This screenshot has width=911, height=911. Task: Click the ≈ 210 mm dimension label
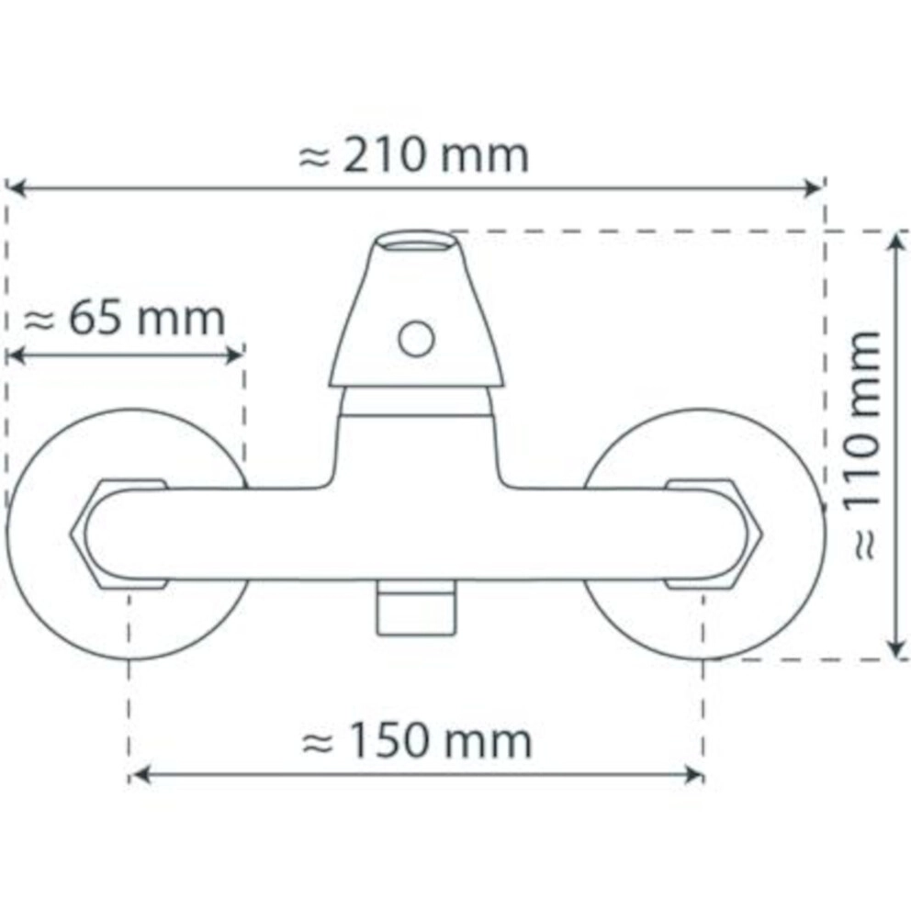click(x=413, y=156)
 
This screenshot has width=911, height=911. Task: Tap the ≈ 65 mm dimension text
click(x=124, y=319)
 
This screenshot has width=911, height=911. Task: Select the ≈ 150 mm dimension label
click(x=417, y=741)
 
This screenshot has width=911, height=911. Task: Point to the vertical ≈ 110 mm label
click(x=863, y=445)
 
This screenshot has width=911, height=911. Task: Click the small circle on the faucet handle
click(x=416, y=338)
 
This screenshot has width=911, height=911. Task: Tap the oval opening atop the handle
click(x=415, y=242)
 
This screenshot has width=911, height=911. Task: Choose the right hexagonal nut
click(x=713, y=534)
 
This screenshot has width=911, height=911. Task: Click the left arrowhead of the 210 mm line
click(x=14, y=188)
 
